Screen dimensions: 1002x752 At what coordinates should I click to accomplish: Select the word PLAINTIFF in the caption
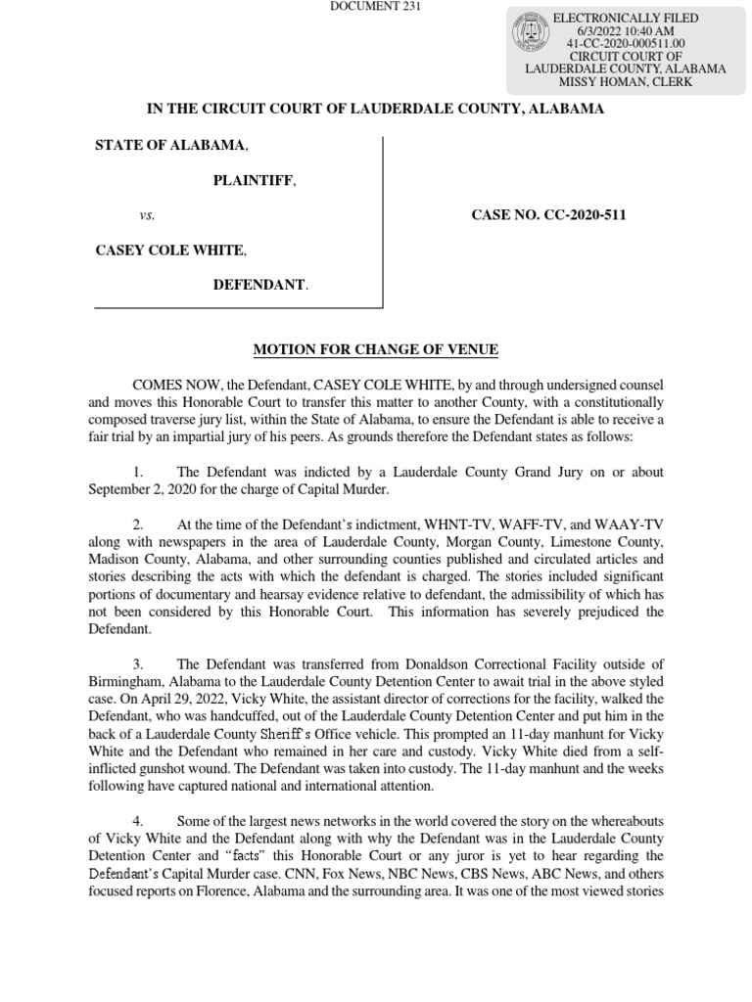(x=254, y=181)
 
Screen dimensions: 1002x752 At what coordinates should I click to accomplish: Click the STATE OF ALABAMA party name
(x=170, y=146)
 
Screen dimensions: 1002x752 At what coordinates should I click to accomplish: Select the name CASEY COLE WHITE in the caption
(x=168, y=250)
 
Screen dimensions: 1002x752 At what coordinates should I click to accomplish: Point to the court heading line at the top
(x=376, y=110)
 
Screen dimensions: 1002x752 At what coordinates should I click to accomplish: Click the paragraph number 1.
(x=138, y=473)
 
